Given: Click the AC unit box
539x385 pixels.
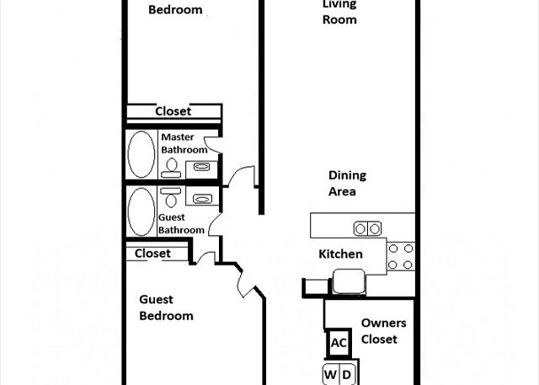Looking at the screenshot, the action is tap(339, 343).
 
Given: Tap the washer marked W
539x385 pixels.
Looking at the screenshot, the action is tap(331, 374).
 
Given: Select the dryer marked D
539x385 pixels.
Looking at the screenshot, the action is tap(347, 374).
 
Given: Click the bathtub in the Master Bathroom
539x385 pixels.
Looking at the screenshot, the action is tap(141, 154).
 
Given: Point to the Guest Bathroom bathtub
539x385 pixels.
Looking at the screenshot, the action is tap(141, 211).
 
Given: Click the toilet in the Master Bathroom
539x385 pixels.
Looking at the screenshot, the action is tap(171, 168).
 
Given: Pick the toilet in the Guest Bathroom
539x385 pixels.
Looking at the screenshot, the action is tap(171, 197).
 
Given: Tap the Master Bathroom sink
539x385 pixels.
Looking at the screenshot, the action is tap(201, 167).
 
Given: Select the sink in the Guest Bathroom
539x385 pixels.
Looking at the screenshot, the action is tap(202, 199).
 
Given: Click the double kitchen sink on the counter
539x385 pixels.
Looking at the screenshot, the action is tap(367, 228).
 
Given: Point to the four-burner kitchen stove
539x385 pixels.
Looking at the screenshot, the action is tap(401, 256).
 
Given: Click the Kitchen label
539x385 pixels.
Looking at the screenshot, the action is tap(340, 254).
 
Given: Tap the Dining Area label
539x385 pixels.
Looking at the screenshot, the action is tap(347, 183).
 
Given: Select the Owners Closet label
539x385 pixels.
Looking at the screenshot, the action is tap(384, 331).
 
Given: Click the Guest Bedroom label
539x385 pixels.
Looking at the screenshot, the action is tap(166, 307).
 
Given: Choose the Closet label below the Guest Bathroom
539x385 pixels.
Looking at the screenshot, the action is tap(152, 254).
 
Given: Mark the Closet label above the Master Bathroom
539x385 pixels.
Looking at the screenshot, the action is tap(173, 111).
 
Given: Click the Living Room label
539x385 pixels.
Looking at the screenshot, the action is tap(339, 12).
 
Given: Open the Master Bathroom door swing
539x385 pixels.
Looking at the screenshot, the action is tap(211, 145).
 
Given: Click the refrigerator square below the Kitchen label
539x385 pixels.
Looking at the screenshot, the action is tap(349, 281).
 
